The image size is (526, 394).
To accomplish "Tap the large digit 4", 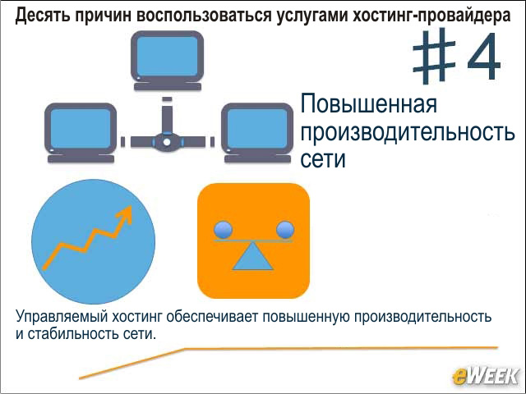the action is [x=484, y=56].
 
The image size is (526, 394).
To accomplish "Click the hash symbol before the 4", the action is [x=434, y=56].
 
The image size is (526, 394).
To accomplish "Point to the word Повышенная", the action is [x=369, y=104].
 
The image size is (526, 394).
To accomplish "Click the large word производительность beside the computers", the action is [x=408, y=131].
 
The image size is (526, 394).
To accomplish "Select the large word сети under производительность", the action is [x=323, y=158].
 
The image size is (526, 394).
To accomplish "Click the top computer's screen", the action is [x=167, y=56].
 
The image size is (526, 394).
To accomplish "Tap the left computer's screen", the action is [x=81, y=129].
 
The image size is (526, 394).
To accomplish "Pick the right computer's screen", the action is [x=257, y=129].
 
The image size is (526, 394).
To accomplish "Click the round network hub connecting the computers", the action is [x=167, y=142].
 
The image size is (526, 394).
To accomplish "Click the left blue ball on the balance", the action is [x=223, y=230].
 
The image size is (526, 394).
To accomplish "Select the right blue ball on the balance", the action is [x=285, y=230].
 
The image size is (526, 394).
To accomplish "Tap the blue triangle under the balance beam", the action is [x=252, y=256].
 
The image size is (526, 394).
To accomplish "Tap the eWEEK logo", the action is [x=486, y=376].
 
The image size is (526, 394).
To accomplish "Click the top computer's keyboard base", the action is [x=168, y=86].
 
